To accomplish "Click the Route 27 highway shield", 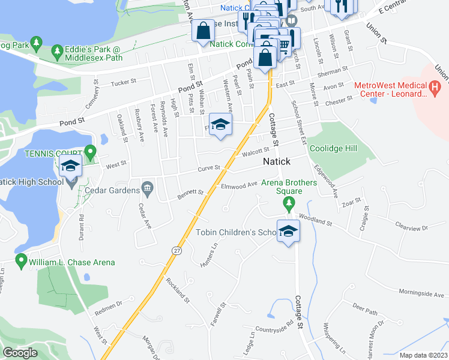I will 176,250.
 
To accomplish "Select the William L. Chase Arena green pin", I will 22,261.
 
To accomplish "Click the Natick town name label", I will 277,162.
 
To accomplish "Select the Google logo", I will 20,353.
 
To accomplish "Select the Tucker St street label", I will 121,82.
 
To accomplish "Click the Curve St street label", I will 209,169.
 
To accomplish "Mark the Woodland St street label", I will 315,220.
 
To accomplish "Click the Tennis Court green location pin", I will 90,152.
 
